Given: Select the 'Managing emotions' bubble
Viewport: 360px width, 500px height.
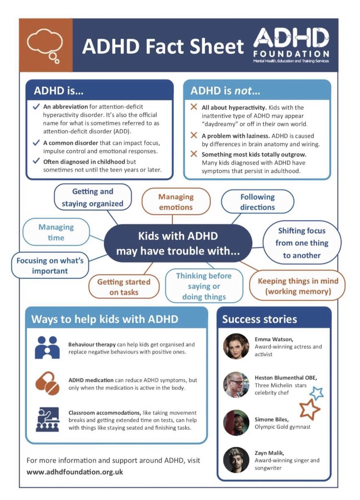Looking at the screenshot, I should (x=176, y=202).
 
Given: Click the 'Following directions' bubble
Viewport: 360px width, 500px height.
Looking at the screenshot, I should (x=257, y=202).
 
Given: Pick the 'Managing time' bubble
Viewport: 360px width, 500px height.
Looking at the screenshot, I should (x=56, y=232).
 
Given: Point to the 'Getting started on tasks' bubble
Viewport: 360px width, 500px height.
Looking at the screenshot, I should (x=124, y=287).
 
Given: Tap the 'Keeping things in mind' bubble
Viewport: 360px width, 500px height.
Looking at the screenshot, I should (x=298, y=286).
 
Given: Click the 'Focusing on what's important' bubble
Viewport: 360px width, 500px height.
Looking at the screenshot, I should (x=50, y=265).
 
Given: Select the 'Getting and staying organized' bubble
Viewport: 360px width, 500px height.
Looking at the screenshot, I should (x=93, y=197).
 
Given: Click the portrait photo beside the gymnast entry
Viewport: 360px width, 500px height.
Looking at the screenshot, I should (x=236, y=422).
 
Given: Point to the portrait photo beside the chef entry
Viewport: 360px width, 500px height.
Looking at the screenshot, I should (x=236, y=384).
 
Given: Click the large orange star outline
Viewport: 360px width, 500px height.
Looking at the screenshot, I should (x=310, y=409).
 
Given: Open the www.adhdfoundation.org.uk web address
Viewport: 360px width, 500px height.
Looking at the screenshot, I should (x=75, y=472).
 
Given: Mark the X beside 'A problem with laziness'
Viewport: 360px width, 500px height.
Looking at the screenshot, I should (x=194, y=136).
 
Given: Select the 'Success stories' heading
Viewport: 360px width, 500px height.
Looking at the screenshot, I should (x=260, y=319).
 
